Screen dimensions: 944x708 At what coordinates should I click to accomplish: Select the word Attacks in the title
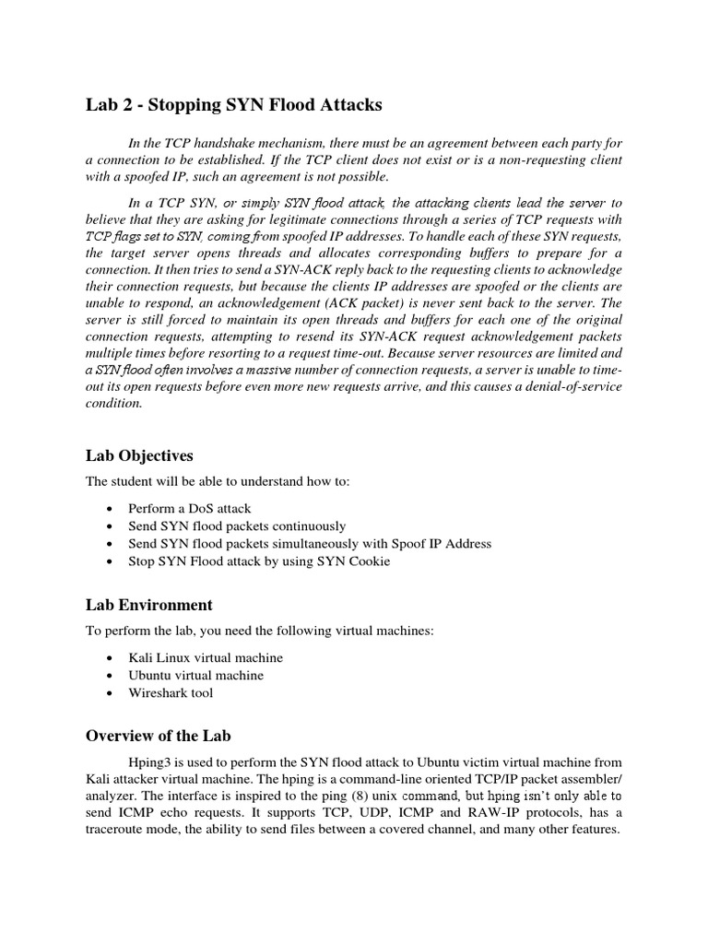pos(343,105)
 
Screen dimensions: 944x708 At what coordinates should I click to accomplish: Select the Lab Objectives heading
pos(139,455)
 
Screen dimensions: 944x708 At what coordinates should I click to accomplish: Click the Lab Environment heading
pos(148,605)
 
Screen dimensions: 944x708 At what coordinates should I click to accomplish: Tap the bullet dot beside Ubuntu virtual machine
pos(111,676)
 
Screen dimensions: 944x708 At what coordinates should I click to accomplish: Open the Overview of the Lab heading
pos(159,736)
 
